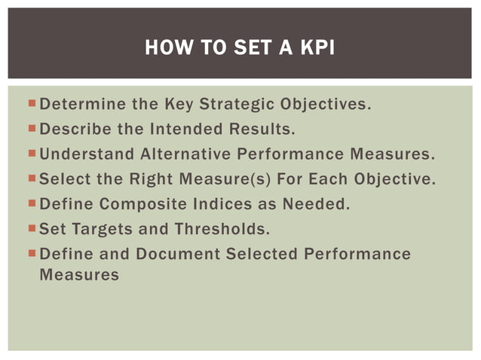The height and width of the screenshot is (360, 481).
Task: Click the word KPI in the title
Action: tap(317, 50)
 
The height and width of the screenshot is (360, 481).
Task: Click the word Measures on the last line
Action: tap(78, 275)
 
